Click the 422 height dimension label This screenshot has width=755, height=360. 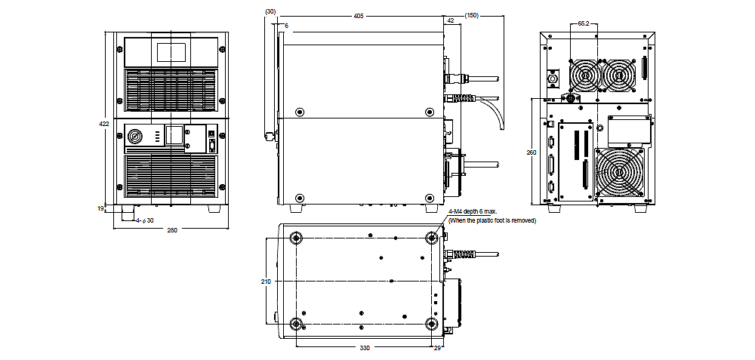[104, 123]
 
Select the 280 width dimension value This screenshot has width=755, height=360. [171, 230]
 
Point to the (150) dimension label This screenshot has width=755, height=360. [473, 15]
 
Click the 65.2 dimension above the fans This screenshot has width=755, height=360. [583, 24]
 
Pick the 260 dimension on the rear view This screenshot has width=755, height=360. [532, 152]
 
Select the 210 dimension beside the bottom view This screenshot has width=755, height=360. [265, 282]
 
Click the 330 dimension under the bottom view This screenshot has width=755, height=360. [365, 348]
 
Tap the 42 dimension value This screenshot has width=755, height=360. [451, 22]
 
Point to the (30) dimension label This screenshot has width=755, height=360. [270, 11]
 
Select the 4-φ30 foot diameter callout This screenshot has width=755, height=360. [145, 220]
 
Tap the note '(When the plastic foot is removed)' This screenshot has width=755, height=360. [492, 220]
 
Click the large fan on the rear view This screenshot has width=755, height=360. [620, 173]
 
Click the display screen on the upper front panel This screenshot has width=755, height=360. [171, 53]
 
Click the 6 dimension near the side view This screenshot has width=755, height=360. [285, 26]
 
